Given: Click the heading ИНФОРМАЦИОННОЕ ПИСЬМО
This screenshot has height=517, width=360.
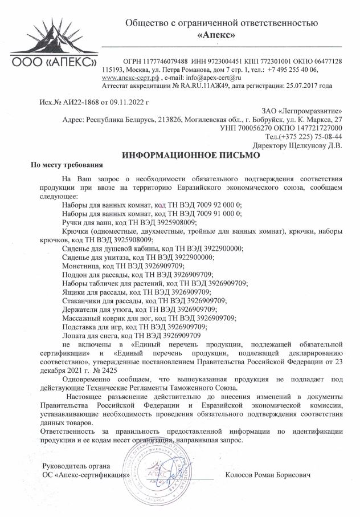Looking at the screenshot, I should (x=191, y=154).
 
